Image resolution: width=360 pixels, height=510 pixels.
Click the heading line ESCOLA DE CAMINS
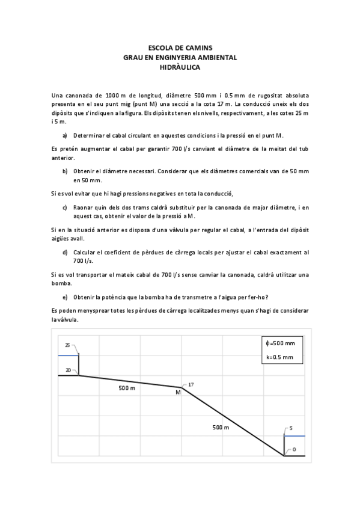[x=180, y=47]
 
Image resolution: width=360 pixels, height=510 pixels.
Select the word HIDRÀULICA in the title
[x=180, y=68]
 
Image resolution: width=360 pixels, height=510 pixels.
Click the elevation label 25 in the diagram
[x=67, y=345]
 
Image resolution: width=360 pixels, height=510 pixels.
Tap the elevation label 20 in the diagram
[x=68, y=370]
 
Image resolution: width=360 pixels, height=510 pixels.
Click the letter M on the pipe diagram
[x=178, y=392]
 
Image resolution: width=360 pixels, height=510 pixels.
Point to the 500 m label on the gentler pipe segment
[x=127, y=389]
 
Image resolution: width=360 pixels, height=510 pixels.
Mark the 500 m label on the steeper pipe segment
[x=221, y=427]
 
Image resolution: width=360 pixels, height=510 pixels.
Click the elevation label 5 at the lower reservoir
[x=290, y=428]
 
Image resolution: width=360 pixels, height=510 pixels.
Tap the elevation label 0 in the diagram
[x=294, y=449]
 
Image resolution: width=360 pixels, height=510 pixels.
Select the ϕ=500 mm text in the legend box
[x=280, y=343]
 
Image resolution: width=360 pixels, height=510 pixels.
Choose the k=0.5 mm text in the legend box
[x=279, y=357]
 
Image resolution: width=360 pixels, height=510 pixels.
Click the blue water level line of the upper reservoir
[x=69, y=355]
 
